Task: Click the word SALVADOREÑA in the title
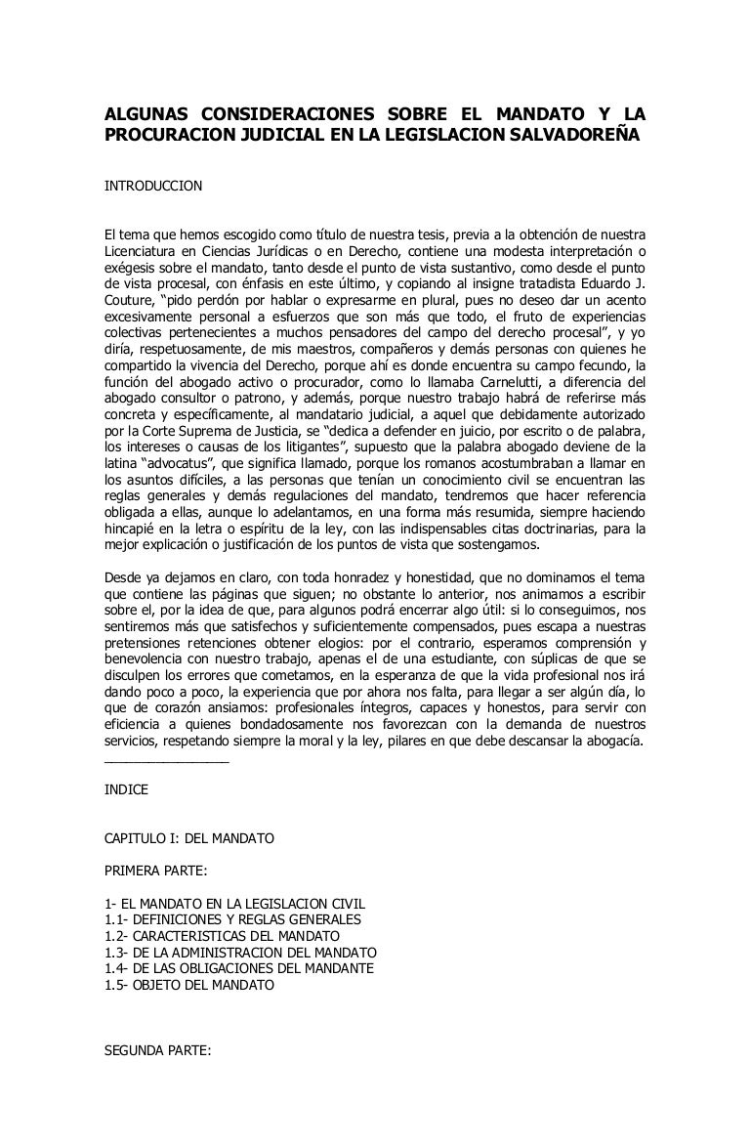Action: click(580, 133)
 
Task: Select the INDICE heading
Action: click(126, 789)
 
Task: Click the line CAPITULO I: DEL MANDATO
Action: click(189, 838)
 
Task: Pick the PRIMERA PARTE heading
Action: click(155, 868)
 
